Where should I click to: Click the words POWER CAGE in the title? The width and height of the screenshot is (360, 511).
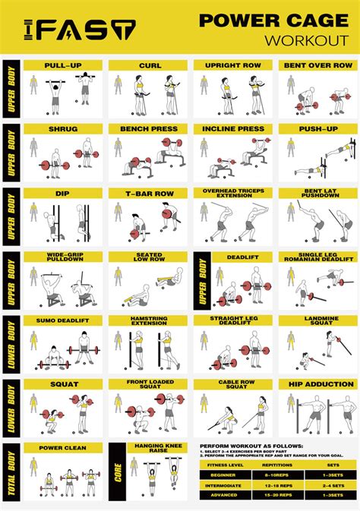271,21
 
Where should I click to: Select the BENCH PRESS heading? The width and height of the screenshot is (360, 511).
149,129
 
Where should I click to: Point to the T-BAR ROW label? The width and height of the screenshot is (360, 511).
149,193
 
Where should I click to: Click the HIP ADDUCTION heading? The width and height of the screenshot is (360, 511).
317,384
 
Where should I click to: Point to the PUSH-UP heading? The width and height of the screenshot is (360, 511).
317,129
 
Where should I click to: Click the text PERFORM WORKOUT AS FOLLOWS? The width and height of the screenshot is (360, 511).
251,446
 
